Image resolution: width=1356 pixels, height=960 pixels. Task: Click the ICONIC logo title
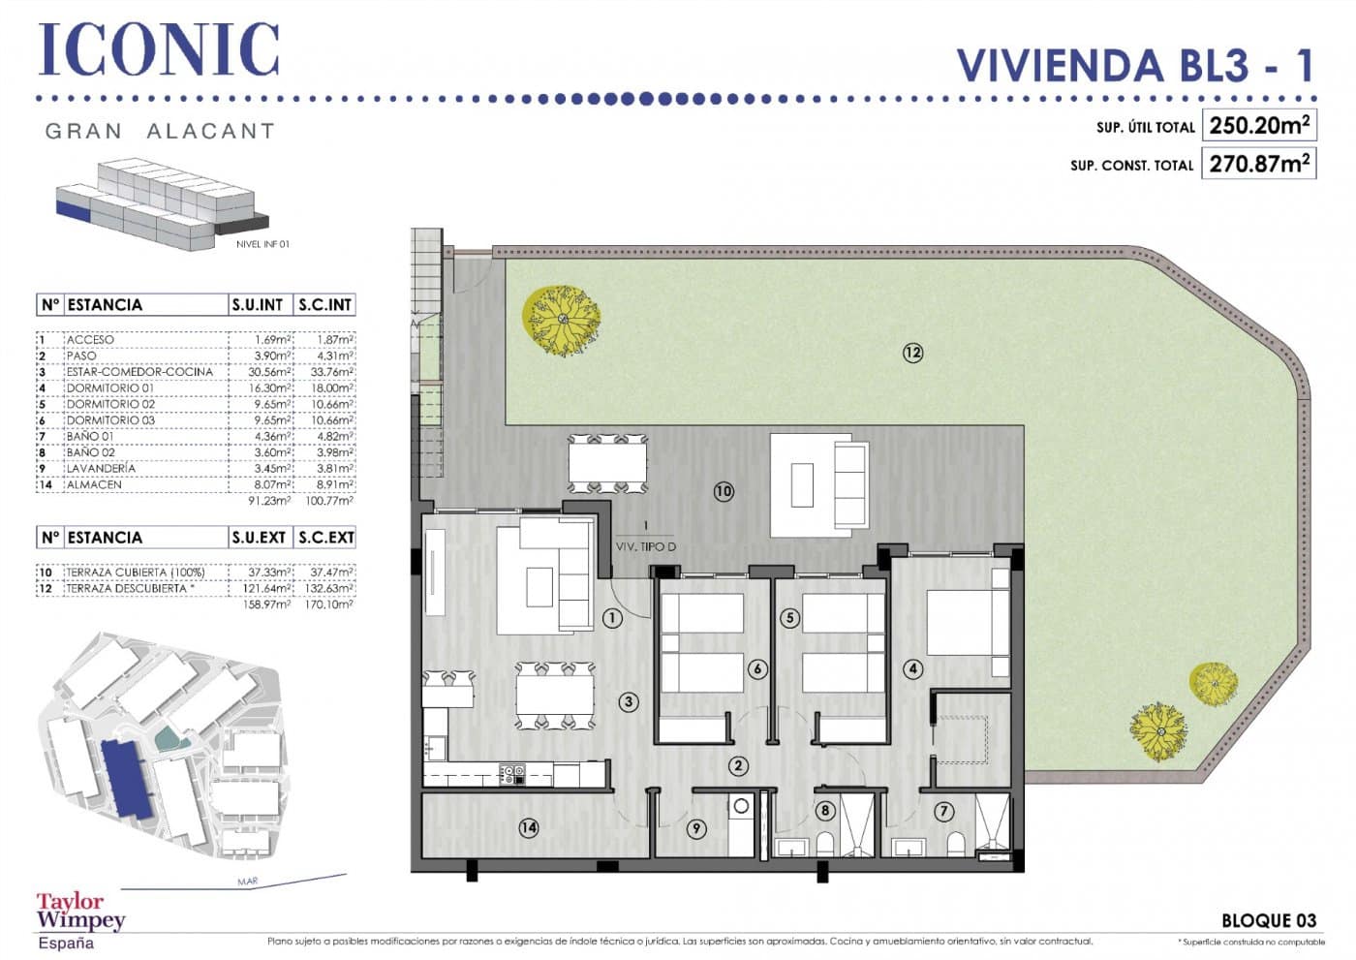[x=160, y=49]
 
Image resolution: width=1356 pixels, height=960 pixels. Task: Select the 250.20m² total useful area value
[x=1258, y=126]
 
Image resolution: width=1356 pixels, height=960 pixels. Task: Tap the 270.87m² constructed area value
[x=1258, y=164]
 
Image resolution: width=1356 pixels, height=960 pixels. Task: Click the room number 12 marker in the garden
[x=912, y=353]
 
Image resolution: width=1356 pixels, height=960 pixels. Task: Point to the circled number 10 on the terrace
[x=724, y=491]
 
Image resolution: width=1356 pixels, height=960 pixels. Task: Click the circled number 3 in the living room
[x=629, y=702]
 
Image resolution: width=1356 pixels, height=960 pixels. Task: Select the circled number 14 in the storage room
[x=528, y=828]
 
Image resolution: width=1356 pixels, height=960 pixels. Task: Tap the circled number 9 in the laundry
[x=695, y=828]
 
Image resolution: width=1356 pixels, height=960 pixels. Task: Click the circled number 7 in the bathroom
[x=943, y=812]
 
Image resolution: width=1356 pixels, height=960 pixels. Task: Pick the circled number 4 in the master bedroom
[x=912, y=668]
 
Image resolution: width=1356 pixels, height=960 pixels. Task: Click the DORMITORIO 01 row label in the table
[x=109, y=387]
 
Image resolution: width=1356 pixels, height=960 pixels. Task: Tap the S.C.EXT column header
[x=324, y=538]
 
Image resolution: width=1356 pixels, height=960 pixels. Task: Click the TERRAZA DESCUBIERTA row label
[x=126, y=588]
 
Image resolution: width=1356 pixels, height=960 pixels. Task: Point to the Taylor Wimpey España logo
[x=79, y=920]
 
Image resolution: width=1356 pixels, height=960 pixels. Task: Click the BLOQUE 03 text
[x=1268, y=920]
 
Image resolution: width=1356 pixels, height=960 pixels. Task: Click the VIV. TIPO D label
[x=646, y=547]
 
